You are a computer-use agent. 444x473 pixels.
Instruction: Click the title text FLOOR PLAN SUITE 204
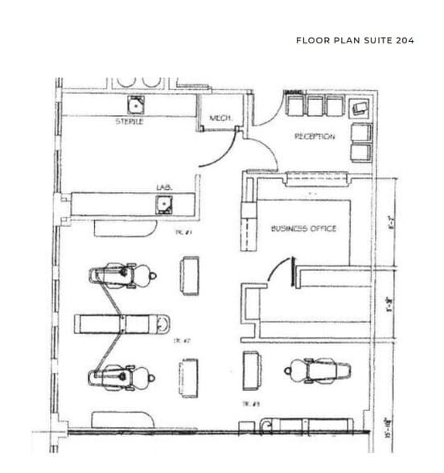pyautogui.click(x=355, y=39)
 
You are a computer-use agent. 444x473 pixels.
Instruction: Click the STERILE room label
pyautogui.click(x=129, y=121)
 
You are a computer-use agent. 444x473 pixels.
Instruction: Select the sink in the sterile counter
pyautogui.click(x=135, y=105)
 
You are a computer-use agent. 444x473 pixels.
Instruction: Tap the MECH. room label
pyautogui.click(x=221, y=118)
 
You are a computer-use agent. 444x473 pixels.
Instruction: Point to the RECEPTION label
pyautogui.click(x=314, y=137)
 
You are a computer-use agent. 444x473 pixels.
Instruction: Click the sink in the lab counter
pyautogui.click(x=164, y=204)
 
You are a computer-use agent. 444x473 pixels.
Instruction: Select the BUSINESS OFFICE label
pyautogui.click(x=303, y=229)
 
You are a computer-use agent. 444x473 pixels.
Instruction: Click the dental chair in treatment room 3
pyautogui.click(x=318, y=371)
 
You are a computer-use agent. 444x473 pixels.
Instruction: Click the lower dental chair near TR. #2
pyautogui.click(x=121, y=375)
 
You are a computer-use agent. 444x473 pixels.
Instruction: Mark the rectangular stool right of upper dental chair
pyautogui.click(x=191, y=275)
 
